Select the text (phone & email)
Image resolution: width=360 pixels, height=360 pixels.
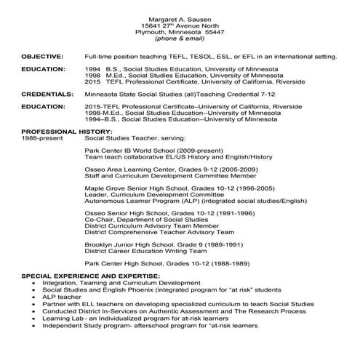coord(180,39)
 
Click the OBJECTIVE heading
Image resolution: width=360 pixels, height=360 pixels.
coord(41,55)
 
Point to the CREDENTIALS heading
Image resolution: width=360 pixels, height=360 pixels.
coord(47,94)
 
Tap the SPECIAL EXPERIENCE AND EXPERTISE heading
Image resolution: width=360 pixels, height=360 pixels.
coord(90,277)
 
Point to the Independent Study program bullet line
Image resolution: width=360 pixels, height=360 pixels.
coord(160,325)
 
